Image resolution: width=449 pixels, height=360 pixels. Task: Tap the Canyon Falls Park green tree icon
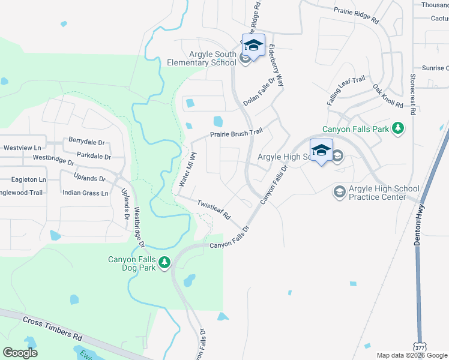(397, 128)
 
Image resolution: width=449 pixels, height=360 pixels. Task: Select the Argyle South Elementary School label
(207, 58)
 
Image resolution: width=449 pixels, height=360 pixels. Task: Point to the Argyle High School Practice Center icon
(339, 191)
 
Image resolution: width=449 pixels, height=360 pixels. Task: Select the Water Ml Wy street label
(187, 171)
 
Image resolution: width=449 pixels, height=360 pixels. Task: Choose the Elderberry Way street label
(276, 70)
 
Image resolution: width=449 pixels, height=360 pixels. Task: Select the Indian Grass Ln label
(85, 193)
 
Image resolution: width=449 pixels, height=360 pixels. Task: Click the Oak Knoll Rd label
(388, 96)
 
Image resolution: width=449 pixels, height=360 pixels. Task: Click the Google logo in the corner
(20, 353)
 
